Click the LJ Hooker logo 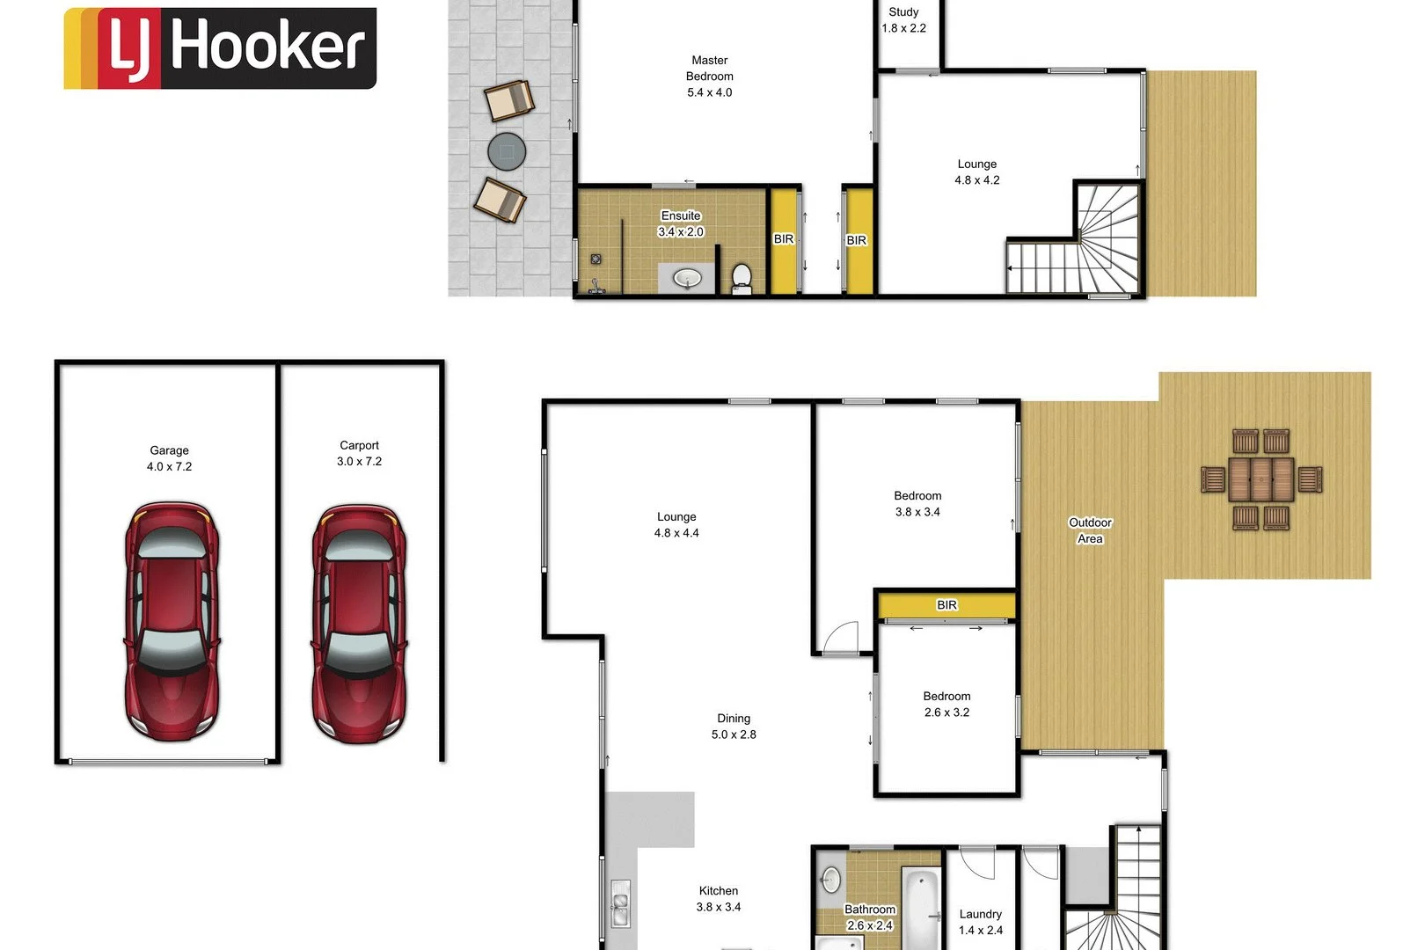pos(220,48)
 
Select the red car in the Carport pos(359,623)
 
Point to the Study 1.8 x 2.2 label pos(903,20)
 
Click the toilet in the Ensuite pos(742,277)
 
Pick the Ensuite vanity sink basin pos(687,279)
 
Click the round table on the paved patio pos(507,151)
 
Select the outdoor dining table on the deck pos(1261,479)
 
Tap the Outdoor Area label pos(1090,530)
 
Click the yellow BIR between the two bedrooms pos(946,605)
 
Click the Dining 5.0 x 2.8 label pos(734,727)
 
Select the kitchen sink pos(620,904)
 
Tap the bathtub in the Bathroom pos(921,906)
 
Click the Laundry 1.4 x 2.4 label pos(980,922)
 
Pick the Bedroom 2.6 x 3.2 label pos(946,705)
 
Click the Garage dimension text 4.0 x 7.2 pos(169,467)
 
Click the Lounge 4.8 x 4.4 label pos(676,525)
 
